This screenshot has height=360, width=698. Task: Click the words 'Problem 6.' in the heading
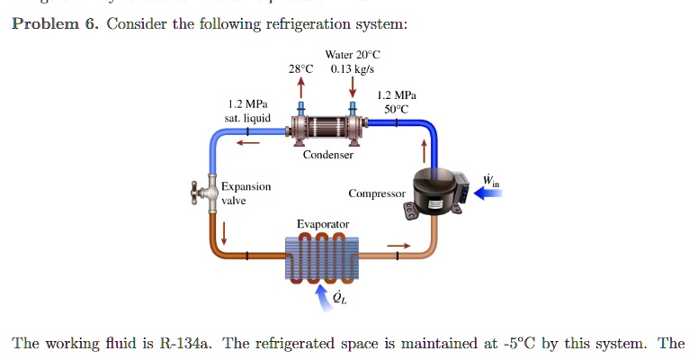(x=53, y=23)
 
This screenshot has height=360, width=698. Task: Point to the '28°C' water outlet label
(x=301, y=68)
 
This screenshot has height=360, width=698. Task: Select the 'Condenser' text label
(x=327, y=155)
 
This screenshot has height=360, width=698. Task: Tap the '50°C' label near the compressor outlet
(x=396, y=109)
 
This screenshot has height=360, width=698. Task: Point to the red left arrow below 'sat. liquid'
(x=247, y=140)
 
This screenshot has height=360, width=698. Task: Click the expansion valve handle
(x=199, y=193)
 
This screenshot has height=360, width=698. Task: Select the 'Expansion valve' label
(x=246, y=193)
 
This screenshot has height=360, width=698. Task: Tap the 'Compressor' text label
(x=377, y=193)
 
